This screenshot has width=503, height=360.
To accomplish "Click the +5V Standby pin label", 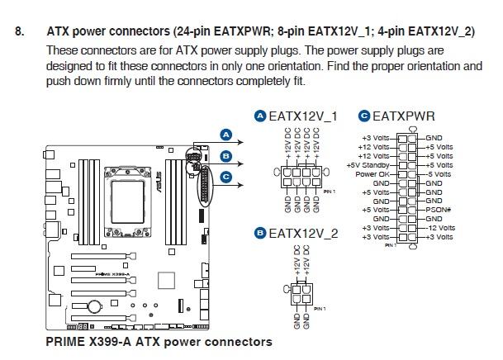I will coord(369,164).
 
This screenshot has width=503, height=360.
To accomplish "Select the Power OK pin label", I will coord(373,173).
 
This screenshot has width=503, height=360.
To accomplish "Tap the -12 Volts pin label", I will coord(441,228).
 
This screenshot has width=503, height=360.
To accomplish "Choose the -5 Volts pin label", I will coord(439,173).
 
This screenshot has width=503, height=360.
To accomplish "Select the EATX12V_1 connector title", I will coord(303,116).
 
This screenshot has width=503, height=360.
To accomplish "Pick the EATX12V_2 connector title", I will coord(303,234).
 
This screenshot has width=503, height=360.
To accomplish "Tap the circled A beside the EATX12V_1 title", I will coord(261,116).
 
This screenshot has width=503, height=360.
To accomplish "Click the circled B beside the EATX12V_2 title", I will coord(261,234).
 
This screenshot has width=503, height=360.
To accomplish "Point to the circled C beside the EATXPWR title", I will coord(363,117).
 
